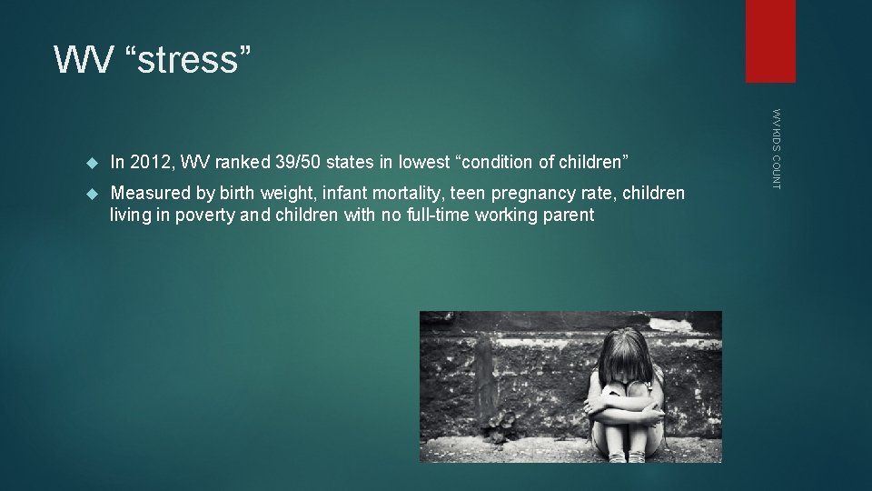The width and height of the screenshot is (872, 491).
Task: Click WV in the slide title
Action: (86, 60)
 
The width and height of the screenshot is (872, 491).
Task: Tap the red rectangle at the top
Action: (770, 41)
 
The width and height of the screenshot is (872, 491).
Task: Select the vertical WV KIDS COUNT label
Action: (776, 149)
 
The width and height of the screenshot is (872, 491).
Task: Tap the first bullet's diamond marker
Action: (90, 163)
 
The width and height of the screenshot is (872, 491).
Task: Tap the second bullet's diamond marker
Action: (90, 193)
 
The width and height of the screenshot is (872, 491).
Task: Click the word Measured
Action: (146, 193)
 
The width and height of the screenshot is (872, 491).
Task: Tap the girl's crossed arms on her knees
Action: (627, 409)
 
